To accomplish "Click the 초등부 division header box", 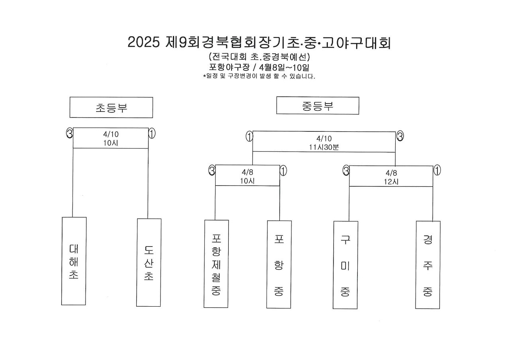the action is point(111,108).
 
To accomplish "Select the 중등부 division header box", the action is point(318,106).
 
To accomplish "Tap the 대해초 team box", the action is point(74,261).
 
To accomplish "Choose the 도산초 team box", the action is point(149,262).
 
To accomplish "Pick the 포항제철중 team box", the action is point(216,264).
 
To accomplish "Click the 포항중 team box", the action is point(279,264).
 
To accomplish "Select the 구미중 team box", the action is point(345,265).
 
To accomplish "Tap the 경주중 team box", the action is point(428,265).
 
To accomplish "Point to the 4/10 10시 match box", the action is point(111,138).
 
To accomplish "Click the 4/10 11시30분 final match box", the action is point(324,141).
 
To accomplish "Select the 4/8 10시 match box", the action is point(247,175).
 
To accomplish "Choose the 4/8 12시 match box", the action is point(391,176).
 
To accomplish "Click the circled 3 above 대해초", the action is point(69,133).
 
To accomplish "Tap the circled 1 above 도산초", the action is point(152,133).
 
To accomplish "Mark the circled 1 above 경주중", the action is point(437,170).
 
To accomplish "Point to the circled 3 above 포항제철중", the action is point(212,170).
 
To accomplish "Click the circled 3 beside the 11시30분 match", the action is point(400,136).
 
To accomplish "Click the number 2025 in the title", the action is point(144,42).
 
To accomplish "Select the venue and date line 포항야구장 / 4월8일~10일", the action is point(259,67).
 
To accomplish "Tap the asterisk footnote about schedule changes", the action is point(259,76).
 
